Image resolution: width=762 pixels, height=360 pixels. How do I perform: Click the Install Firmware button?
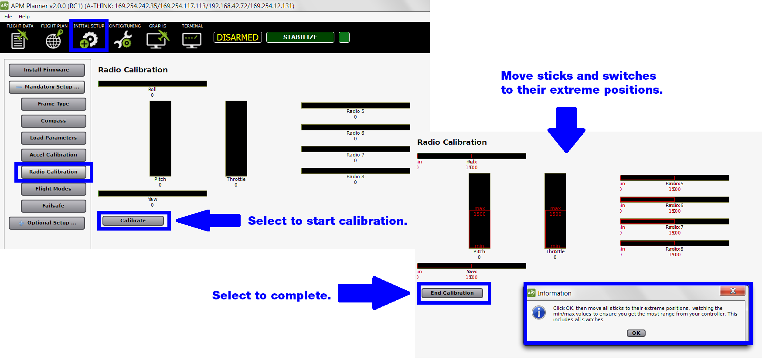point(47,70)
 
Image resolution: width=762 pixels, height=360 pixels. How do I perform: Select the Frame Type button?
point(53,104)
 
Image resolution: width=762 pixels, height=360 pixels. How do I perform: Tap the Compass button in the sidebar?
point(53,121)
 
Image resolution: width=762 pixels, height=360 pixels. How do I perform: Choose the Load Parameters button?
point(53,138)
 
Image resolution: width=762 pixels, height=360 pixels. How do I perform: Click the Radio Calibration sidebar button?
point(53,172)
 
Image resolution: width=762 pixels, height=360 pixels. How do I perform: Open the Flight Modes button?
point(53,189)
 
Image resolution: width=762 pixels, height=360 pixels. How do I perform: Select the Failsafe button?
point(53,206)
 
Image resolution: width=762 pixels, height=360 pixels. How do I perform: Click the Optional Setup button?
point(47,223)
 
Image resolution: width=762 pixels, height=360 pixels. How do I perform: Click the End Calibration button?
point(452,293)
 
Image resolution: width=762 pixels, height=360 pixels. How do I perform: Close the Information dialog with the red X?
point(732,291)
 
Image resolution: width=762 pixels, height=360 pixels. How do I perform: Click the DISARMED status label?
point(238,37)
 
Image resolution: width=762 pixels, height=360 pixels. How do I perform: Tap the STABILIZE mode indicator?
point(300,37)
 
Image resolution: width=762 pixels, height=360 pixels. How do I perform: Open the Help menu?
point(24,17)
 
